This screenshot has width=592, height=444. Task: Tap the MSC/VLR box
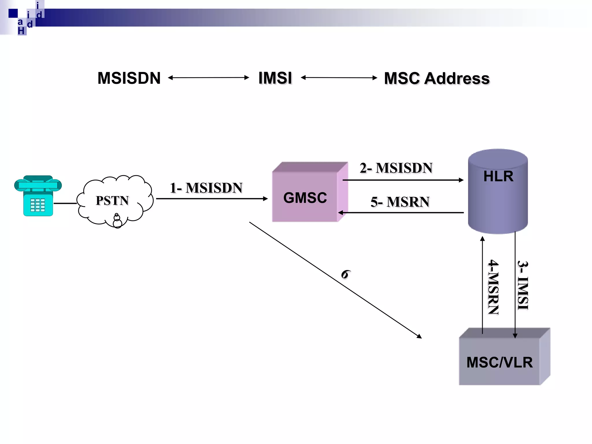coord(499,361)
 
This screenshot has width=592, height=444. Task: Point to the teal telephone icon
coord(38,196)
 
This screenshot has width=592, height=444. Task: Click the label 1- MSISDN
coord(206,188)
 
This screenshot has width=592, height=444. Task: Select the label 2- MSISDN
coord(396,168)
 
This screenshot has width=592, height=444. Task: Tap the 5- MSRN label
coord(400,202)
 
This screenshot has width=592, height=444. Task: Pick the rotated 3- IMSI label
coord(523,285)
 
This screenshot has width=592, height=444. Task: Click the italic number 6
coord(345,274)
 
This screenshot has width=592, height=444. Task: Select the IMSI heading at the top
coord(275,78)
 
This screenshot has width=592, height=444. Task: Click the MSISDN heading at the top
coord(129,78)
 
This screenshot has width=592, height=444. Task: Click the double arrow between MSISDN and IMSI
coord(208,77)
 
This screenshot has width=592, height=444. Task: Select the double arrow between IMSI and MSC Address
coord(339,77)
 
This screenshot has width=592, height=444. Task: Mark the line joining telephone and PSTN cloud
coord(65,203)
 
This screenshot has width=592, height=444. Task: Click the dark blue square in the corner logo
coord(13,13)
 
